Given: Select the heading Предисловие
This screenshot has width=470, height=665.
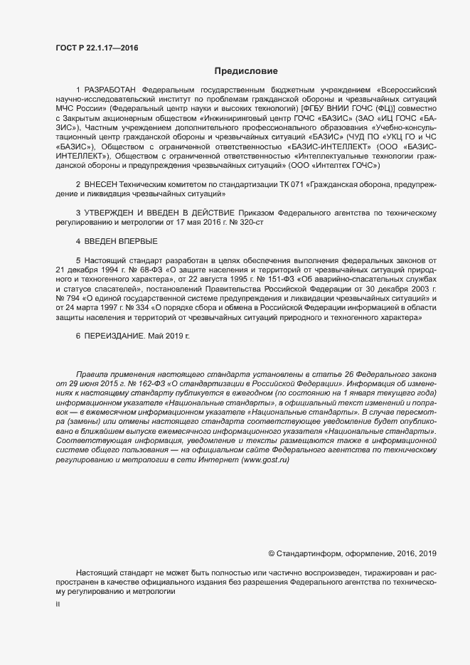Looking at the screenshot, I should point(246,71).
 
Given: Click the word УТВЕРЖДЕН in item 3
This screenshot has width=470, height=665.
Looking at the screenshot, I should point(110,213).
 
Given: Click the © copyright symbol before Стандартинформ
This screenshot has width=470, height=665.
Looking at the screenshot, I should point(271,553).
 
